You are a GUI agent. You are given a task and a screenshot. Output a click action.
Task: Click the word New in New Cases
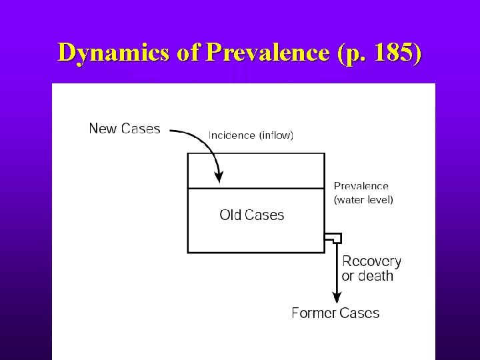pyautogui.click(x=103, y=129)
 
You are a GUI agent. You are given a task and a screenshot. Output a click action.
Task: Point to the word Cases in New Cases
pyautogui.click(x=140, y=129)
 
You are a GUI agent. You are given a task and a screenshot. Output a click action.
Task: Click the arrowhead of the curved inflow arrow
pyautogui.click(x=218, y=177)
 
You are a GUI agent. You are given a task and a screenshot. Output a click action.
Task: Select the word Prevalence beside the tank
pyautogui.click(x=361, y=187)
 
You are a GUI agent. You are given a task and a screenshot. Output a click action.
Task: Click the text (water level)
pyautogui.click(x=363, y=199)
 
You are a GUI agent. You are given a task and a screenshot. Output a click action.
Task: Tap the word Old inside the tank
pyautogui.click(x=230, y=215)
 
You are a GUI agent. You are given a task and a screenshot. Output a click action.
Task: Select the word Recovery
pyautogui.click(x=371, y=261)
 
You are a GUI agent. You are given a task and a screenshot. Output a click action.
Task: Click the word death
pyautogui.click(x=377, y=276)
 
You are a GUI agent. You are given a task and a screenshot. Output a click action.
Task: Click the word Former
pyautogui.click(x=313, y=313)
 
